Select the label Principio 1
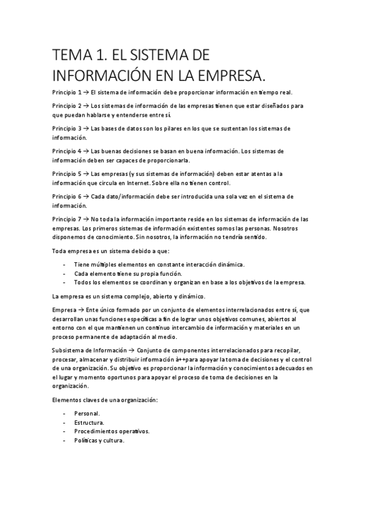coord(66,92)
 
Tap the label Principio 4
coord(66,151)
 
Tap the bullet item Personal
coord(87,414)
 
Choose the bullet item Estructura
coord(89,422)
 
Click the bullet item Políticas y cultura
coord(99,441)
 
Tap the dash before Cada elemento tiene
coord(65,274)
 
